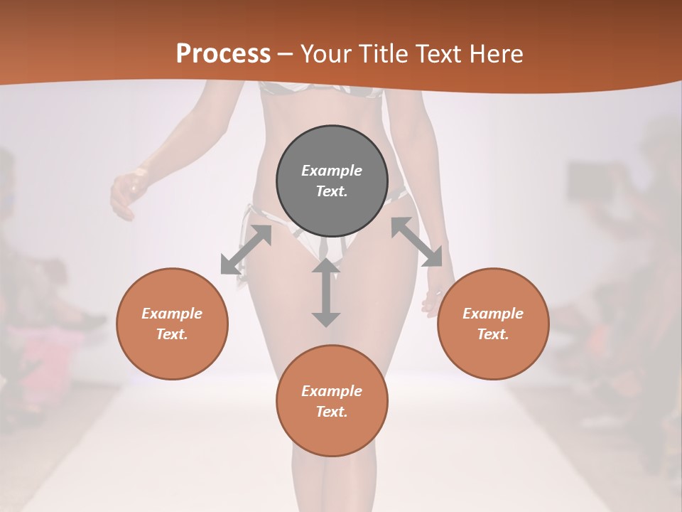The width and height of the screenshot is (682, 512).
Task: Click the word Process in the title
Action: [223, 54]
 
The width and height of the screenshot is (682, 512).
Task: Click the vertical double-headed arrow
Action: [326, 292]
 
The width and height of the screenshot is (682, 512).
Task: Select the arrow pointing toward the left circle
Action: [246, 250]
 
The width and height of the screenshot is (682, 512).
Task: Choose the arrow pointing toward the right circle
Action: [416, 242]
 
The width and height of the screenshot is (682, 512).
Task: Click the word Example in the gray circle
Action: [332, 171]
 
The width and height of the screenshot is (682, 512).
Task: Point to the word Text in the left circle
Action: [172, 334]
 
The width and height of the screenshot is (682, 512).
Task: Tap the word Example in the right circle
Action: [493, 314]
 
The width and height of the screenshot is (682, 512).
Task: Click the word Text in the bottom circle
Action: [332, 412]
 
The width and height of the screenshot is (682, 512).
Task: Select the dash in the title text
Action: [286, 54]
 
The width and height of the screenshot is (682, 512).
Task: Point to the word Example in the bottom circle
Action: [332, 391]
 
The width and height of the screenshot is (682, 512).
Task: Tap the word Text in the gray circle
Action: [332, 191]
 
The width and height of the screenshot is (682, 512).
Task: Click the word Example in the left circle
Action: [172, 314]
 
